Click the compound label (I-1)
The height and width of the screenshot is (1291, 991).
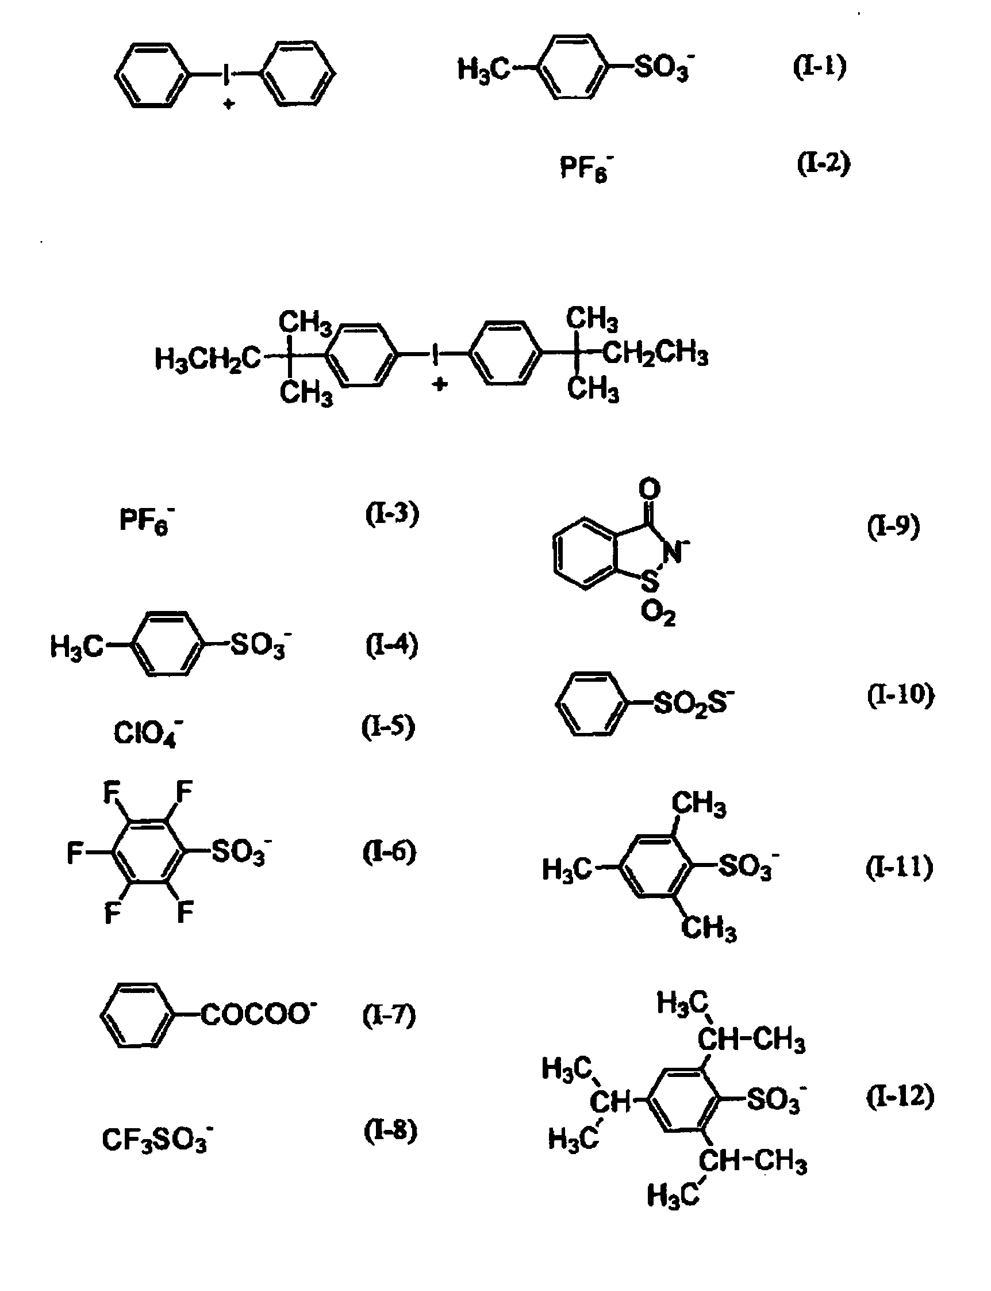pos(819,67)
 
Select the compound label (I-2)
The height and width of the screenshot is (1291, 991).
pos(824,164)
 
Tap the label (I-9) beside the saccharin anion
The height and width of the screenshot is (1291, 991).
pos(893,526)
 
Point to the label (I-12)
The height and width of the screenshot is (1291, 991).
pos(900,1096)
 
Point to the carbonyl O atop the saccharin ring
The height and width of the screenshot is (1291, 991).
pos(650,489)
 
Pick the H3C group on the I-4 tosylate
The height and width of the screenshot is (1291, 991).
pos(76,647)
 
